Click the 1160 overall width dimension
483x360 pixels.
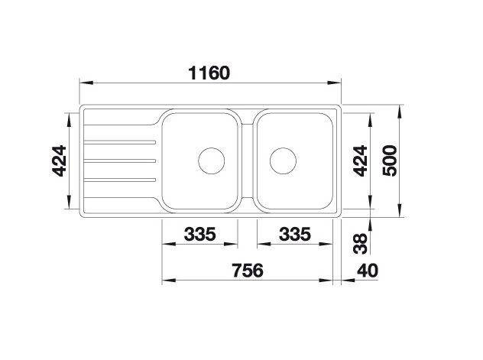pos(209,73)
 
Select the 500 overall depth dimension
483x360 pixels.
pos(390,161)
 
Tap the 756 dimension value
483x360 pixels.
pos(248,270)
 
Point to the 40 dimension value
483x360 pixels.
pos(367,271)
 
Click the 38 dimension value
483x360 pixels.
pos(361,243)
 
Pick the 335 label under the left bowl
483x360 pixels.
pos(199,234)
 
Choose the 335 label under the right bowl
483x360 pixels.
pos(295,234)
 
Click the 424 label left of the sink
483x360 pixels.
pos(59,161)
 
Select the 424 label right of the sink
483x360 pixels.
pos(360,161)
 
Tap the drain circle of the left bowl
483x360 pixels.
pos(211,161)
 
